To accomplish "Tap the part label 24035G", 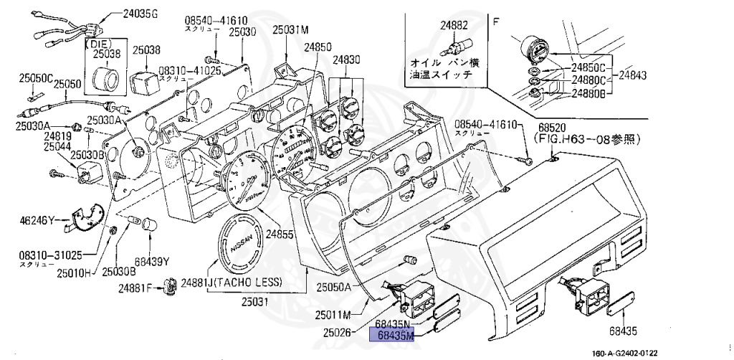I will (142, 14).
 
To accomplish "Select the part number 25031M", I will (290, 30).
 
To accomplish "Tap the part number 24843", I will (634, 75).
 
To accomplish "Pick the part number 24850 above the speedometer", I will (318, 47).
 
